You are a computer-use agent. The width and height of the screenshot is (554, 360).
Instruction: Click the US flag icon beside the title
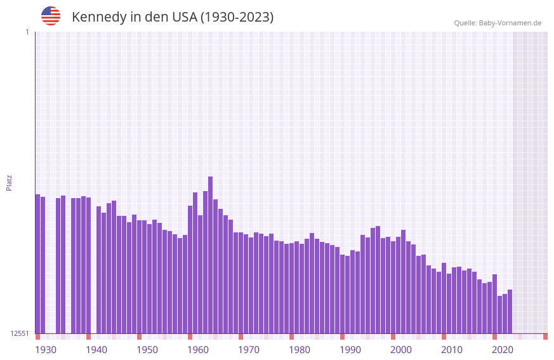click(x=51, y=16)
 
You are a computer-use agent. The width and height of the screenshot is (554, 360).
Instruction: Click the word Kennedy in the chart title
click(x=99, y=17)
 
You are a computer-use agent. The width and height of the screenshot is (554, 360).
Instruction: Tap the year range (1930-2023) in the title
click(x=237, y=17)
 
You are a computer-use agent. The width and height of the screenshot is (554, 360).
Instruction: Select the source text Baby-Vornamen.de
click(x=510, y=23)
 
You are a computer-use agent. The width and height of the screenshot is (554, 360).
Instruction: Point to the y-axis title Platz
click(x=9, y=183)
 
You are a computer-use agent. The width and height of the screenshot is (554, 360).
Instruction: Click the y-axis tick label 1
click(x=27, y=32)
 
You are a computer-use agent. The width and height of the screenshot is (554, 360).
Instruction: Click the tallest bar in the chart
click(x=210, y=255)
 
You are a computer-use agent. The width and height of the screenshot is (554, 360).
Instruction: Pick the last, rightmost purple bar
click(x=510, y=311)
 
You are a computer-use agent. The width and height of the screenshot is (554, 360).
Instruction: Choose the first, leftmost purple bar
click(x=37, y=263)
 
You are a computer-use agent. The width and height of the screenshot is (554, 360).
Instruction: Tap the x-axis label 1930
click(x=46, y=350)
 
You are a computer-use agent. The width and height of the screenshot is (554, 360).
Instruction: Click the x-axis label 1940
click(x=96, y=350)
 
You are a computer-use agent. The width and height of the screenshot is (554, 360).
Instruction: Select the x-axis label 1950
click(x=147, y=350)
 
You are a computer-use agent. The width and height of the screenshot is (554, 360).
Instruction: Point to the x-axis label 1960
click(x=198, y=350)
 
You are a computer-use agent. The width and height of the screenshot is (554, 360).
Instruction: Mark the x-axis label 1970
click(x=249, y=350)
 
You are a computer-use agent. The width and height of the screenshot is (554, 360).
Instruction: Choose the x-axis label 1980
click(x=300, y=350)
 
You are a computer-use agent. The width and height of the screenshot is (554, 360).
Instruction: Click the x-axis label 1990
click(x=350, y=350)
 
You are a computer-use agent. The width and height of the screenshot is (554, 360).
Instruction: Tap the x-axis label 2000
click(x=401, y=350)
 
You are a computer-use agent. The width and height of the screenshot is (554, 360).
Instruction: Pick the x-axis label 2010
click(x=452, y=350)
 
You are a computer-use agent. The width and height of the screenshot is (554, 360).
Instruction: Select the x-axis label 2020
click(x=503, y=350)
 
